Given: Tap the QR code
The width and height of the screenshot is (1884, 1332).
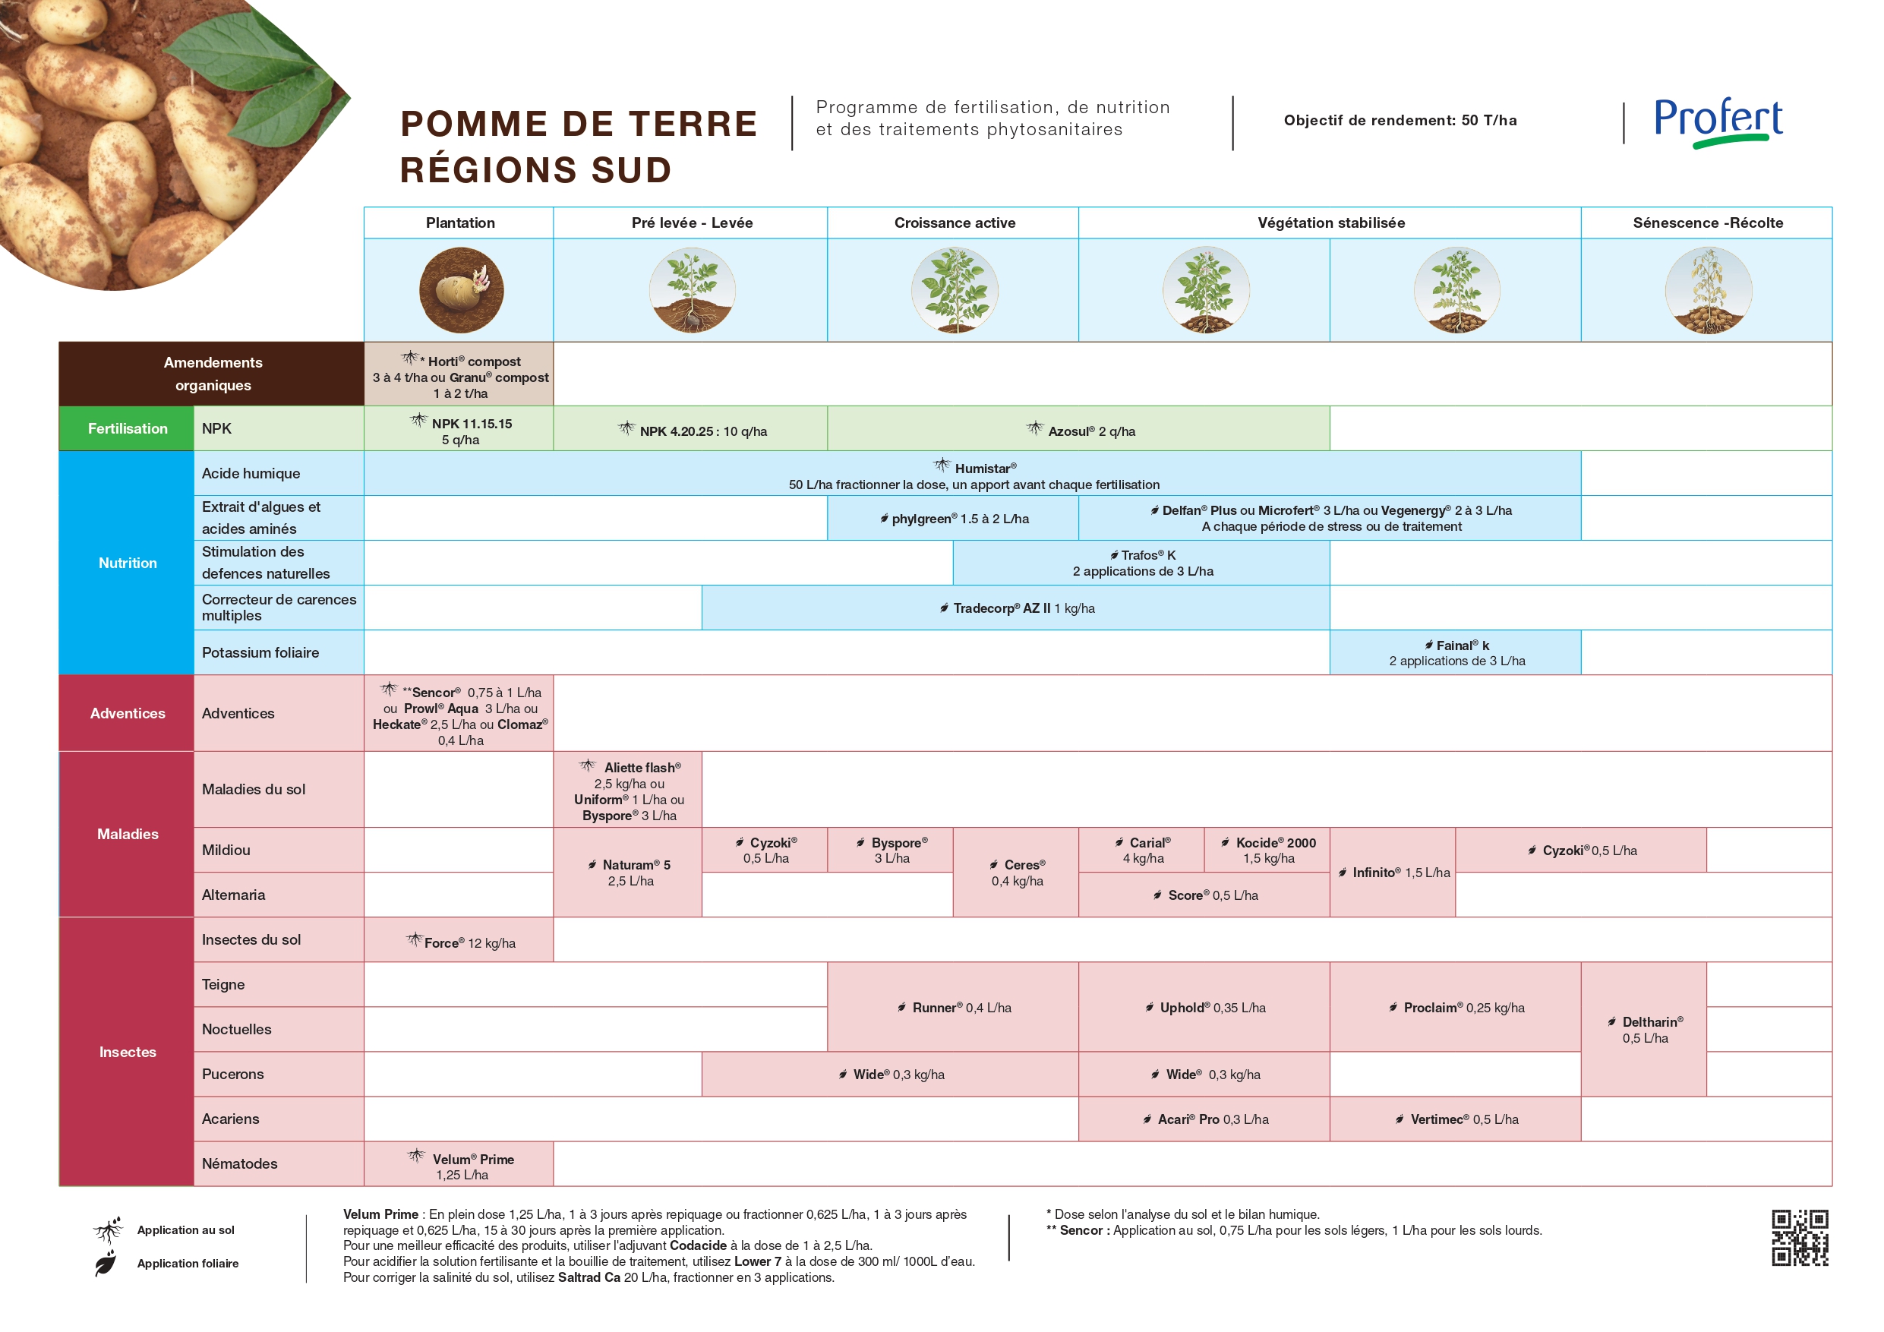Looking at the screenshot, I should click(x=1800, y=1237).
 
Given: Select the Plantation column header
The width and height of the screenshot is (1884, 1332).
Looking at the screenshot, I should click(x=459, y=223).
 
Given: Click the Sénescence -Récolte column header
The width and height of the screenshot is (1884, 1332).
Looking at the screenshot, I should click(x=1707, y=223).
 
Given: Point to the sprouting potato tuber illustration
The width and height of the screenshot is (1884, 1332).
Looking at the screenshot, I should click(x=461, y=291).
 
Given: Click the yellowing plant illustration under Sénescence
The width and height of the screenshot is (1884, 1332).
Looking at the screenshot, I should click(x=1708, y=291).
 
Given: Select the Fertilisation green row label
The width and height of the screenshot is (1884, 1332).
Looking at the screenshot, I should click(x=127, y=428).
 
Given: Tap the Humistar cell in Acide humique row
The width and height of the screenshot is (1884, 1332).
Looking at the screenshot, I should click(x=974, y=475).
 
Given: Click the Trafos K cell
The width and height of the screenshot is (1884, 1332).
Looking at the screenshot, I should click(x=1142, y=563).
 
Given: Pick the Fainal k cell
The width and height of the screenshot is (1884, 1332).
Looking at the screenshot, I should click(x=1456, y=652).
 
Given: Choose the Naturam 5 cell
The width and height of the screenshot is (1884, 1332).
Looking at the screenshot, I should click(x=629, y=873).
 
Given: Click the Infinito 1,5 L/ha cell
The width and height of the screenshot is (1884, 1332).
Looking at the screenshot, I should click(x=1393, y=873).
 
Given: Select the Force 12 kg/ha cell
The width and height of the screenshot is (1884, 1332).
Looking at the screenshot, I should click(x=459, y=942).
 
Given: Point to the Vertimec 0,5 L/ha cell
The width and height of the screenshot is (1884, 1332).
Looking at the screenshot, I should click(x=1456, y=1119).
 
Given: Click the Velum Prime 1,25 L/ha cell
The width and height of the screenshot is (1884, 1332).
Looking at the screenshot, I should click(x=459, y=1165).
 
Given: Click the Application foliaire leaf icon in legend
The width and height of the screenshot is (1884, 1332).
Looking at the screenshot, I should click(x=105, y=1264).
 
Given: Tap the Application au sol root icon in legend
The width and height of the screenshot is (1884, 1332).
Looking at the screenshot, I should click(x=108, y=1229).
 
